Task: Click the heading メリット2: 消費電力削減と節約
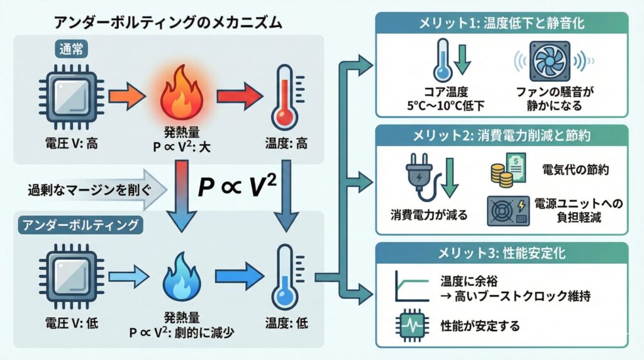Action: (501, 135)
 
